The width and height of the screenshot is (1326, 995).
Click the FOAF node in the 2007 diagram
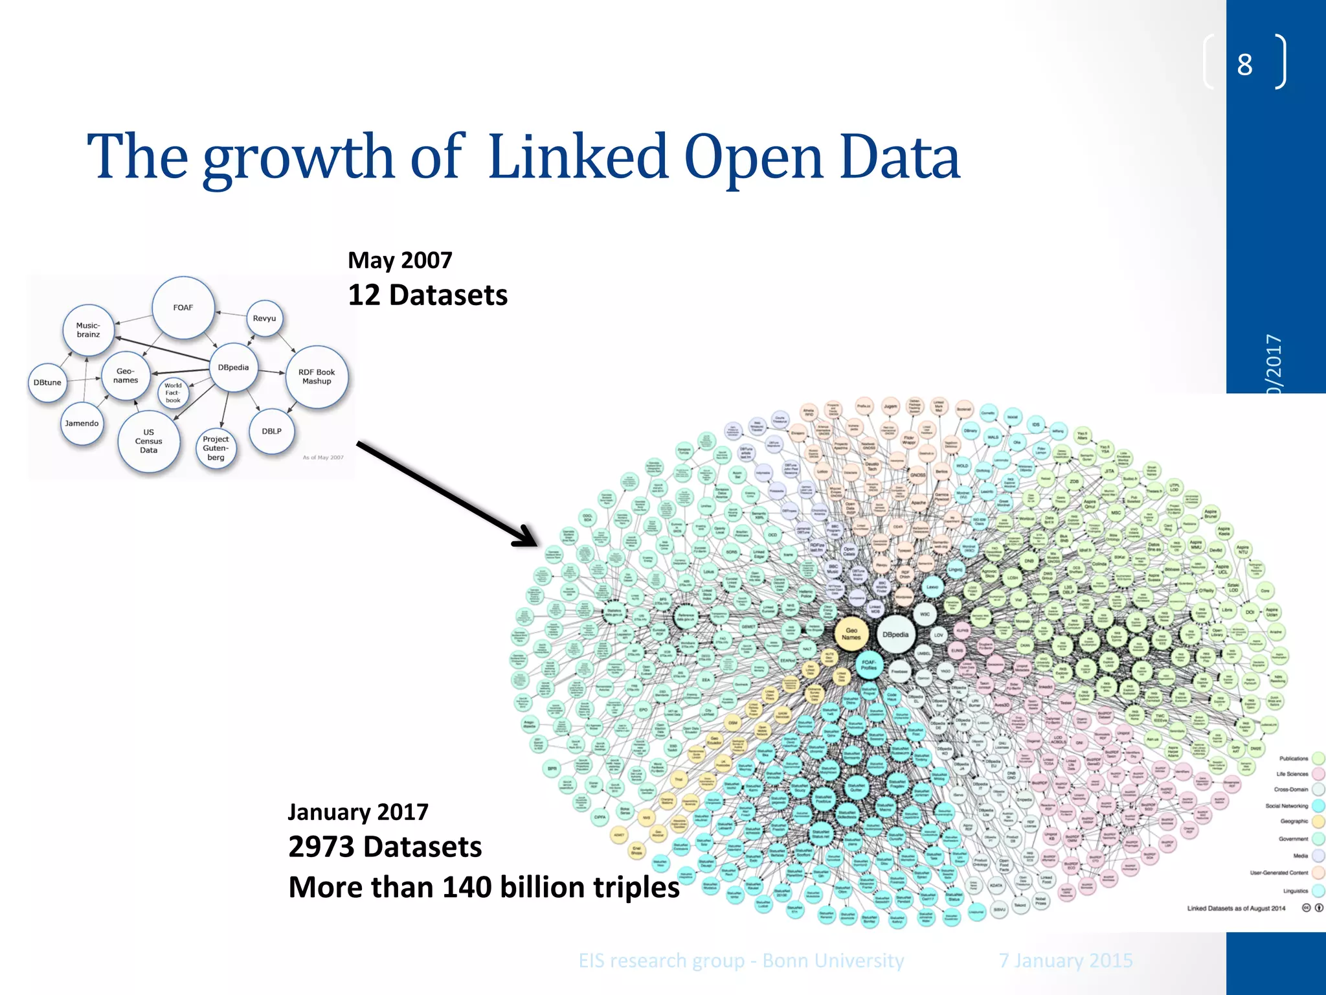[183, 308]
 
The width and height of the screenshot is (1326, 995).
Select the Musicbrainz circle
[89, 330]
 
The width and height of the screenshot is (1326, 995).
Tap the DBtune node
[47, 382]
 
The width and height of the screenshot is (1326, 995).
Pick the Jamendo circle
[82, 424]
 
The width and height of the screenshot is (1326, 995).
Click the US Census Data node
[149, 441]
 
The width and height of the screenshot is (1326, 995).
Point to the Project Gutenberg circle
[216, 448]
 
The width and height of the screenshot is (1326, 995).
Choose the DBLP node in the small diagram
[271, 431]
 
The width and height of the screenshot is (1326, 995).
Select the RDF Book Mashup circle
[317, 377]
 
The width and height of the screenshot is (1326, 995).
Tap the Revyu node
[264, 318]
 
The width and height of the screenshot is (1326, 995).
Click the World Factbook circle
[173, 393]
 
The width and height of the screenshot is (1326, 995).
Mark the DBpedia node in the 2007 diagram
[233, 367]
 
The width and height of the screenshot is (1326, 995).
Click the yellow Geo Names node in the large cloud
[851, 634]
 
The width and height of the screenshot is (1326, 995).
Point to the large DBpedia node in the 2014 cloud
[895, 635]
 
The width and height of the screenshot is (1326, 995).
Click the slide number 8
[1244, 64]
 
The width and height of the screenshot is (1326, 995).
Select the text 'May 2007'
[400, 260]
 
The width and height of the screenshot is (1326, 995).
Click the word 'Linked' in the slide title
[578, 157]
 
